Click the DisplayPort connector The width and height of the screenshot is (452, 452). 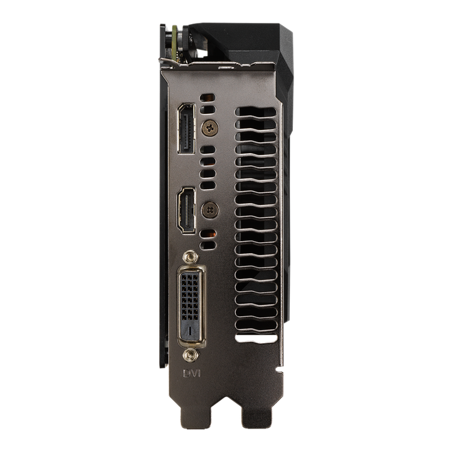click(x=186, y=128)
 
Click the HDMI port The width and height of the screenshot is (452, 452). click(x=186, y=210)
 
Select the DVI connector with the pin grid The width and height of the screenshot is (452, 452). click(x=191, y=306)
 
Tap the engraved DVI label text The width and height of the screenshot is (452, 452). click(x=192, y=373)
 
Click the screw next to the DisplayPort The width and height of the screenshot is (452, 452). click(x=210, y=128)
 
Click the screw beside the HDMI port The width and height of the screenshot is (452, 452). click(x=210, y=210)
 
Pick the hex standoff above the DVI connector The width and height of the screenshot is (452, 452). click(x=190, y=257)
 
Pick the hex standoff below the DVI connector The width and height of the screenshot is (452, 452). click(x=190, y=355)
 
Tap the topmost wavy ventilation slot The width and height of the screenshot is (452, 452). click(x=256, y=112)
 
